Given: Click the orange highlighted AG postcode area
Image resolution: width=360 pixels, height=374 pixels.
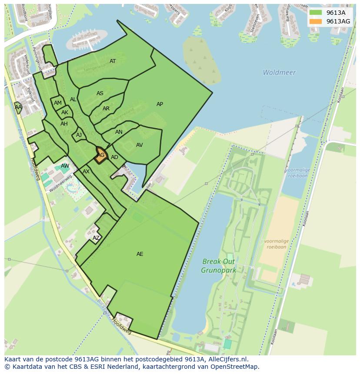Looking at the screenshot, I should coord(101,155).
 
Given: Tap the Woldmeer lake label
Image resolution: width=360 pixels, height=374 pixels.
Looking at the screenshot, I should coord(279,73).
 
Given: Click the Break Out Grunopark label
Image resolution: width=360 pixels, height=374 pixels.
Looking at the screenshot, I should coord(218,266).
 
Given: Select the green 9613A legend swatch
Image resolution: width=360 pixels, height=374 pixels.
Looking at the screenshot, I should coord(316,13).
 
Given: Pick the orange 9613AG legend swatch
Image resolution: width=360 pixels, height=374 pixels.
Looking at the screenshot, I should coord(316,21).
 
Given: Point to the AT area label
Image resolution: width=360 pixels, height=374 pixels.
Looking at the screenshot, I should coord(113,61).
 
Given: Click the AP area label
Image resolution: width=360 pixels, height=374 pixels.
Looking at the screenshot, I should coord(160,104).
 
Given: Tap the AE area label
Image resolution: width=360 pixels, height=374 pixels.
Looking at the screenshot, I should coord(140,254).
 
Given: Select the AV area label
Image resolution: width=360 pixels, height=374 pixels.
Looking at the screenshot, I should coord(139,145).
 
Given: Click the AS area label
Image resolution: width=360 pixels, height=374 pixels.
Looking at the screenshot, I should coord(100,93).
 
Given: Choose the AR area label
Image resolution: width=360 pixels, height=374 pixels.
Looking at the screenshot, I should coord(106,109).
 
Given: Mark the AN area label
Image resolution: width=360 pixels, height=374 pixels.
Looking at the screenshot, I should coord(119,132).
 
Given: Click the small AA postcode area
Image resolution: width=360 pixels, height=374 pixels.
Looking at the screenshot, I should coord(18,107).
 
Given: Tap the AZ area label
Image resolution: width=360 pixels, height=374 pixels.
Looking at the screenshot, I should coord(96,238).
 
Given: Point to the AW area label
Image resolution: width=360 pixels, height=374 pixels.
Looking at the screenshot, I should coord(65,166).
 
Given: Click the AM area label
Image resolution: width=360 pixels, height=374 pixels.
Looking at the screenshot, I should coord(58,103).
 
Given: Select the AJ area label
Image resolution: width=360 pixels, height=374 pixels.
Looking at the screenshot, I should coord(79,135).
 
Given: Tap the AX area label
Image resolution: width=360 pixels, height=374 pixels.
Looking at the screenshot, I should coord(86,172).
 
